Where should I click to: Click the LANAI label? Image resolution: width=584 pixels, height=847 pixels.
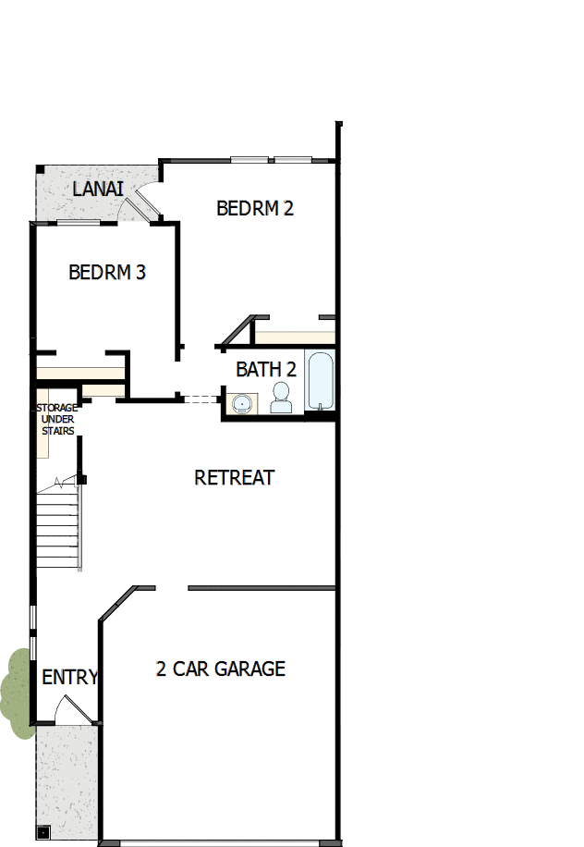point(98,190)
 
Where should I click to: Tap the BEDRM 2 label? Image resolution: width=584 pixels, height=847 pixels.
point(255,208)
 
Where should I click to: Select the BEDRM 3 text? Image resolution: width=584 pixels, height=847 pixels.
point(107,273)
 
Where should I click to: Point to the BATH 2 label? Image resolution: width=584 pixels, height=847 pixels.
point(266,370)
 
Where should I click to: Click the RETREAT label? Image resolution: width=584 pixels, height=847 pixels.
point(235,478)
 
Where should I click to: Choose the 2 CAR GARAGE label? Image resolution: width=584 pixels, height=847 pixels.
point(221,669)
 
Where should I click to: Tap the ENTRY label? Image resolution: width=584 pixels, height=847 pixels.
point(69,678)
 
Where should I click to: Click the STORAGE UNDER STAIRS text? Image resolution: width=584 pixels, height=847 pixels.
point(56,419)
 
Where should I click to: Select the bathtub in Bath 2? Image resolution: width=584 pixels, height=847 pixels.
point(319,380)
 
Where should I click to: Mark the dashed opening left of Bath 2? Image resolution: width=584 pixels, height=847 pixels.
point(201,399)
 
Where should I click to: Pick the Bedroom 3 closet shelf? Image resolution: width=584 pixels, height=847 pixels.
point(80,372)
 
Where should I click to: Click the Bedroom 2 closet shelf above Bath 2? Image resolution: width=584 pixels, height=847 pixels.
point(294,338)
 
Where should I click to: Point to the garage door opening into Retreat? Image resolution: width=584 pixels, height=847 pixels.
point(172,587)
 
